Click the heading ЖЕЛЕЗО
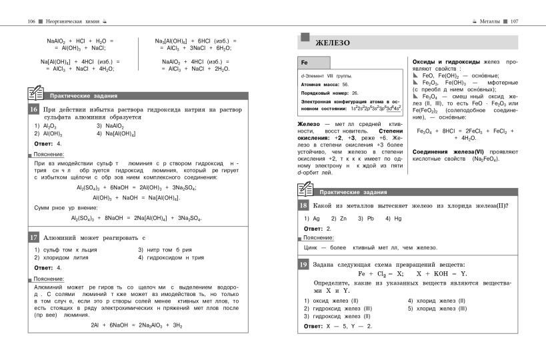click(334, 43)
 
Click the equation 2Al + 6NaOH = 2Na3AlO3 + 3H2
click(136, 325)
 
